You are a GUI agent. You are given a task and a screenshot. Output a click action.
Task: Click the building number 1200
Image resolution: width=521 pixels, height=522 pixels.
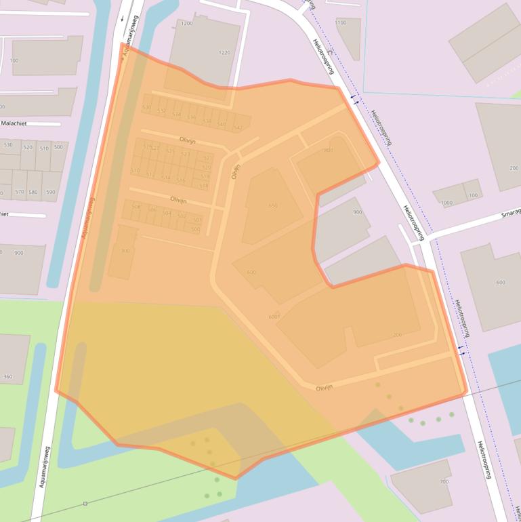[x=187, y=24]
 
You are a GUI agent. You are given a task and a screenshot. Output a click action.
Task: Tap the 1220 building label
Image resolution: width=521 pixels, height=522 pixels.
[x=224, y=52]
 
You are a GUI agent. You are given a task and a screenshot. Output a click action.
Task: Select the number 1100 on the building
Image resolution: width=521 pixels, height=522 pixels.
[x=341, y=22]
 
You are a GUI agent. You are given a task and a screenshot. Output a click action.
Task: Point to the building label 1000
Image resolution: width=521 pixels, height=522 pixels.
[x=446, y=203]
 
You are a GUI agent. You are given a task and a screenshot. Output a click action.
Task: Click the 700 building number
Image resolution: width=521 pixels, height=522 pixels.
[x=444, y=481]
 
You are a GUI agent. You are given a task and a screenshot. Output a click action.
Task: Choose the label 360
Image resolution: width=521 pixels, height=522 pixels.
[x=8, y=376]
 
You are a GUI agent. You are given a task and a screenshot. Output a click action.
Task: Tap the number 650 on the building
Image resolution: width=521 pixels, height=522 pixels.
[x=272, y=205]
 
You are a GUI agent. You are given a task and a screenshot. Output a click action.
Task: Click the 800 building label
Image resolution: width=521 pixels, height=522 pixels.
[x=329, y=150]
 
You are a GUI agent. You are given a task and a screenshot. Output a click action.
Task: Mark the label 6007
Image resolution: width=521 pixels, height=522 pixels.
[x=274, y=317]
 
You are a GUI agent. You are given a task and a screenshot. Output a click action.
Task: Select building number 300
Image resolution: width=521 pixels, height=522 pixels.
[x=125, y=251]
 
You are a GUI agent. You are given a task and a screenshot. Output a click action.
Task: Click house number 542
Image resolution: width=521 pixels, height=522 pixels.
[x=237, y=127]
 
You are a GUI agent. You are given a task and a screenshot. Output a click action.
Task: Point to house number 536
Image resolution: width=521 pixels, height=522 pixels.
[x=192, y=118]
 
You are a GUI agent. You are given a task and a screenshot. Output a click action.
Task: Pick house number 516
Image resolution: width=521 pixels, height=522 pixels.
[x=180, y=180]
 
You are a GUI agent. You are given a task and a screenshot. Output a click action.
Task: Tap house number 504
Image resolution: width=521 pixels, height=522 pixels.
[x=167, y=213]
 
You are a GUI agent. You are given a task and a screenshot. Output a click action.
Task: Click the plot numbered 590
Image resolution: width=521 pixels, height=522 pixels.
[x=51, y=193]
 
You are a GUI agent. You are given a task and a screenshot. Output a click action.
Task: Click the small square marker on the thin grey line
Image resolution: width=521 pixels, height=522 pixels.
[x=85, y=504]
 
